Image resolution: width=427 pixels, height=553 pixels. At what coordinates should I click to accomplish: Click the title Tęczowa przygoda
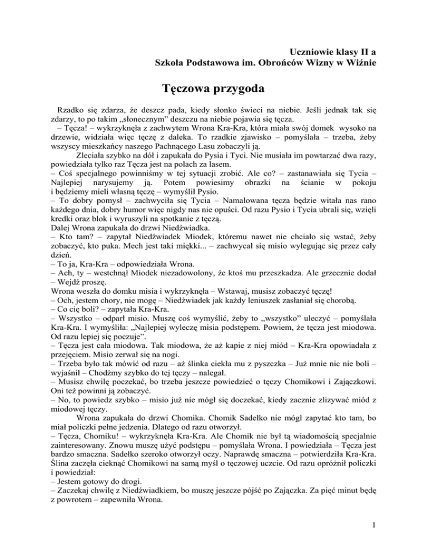click(x=213, y=88)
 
